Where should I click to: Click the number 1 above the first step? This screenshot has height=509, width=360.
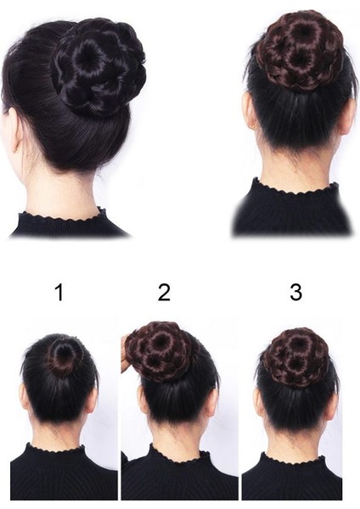click(59, 293)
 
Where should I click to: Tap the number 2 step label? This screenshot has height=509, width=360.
click(164, 293)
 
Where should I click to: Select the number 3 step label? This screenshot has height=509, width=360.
click(295, 293)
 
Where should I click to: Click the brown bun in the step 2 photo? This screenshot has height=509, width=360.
click(161, 350)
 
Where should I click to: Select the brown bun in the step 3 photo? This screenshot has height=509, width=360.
click(295, 357)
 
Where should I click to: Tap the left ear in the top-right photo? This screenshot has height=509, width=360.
click(250, 111)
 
